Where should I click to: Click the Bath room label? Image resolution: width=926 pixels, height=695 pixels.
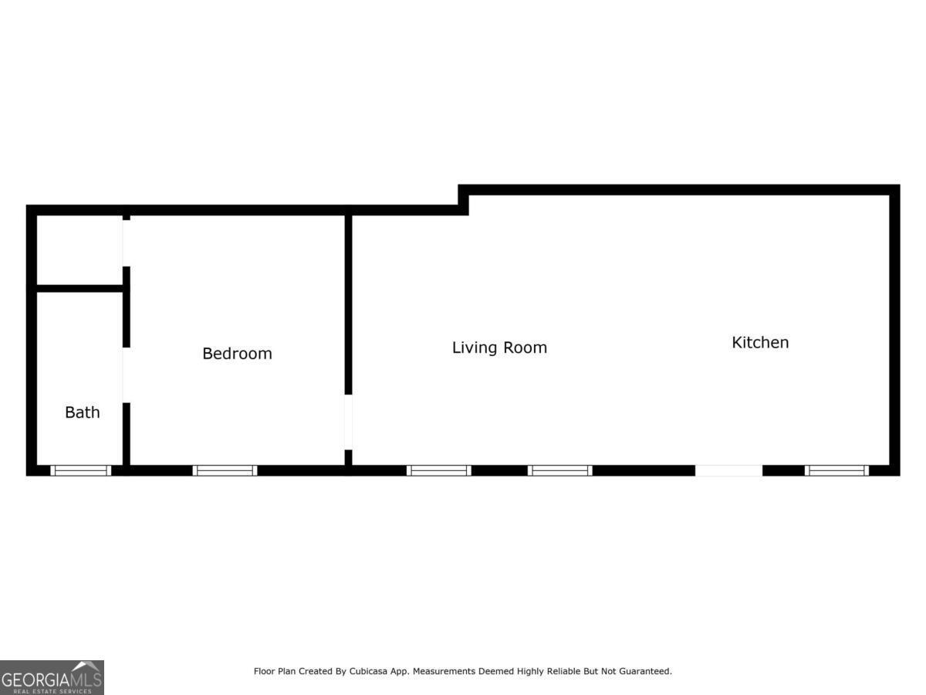(82, 412)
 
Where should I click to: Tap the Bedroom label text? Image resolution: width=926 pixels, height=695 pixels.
(237, 354)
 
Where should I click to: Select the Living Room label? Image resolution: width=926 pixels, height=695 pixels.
(499, 347)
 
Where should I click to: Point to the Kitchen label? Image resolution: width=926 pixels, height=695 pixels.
(760, 342)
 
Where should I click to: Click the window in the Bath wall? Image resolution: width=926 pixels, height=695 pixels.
(81, 470)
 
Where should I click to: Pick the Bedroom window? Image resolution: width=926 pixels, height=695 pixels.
(225, 470)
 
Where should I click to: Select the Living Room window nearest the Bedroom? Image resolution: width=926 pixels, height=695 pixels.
(438, 470)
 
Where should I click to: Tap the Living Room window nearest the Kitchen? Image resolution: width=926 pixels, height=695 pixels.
(559, 470)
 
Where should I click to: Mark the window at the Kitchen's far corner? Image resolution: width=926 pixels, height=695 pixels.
(836, 470)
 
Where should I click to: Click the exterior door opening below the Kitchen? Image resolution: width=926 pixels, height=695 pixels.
(728, 470)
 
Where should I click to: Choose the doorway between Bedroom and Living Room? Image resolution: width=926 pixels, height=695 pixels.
(348, 422)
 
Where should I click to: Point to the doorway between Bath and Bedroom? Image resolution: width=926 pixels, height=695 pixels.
(126, 375)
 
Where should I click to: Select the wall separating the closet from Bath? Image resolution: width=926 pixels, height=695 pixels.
(79, 289)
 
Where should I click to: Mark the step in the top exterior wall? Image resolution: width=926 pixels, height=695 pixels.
(463, 200)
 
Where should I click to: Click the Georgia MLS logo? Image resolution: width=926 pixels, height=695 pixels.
(52, 677)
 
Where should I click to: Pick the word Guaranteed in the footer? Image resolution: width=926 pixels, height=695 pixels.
(644, 672)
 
